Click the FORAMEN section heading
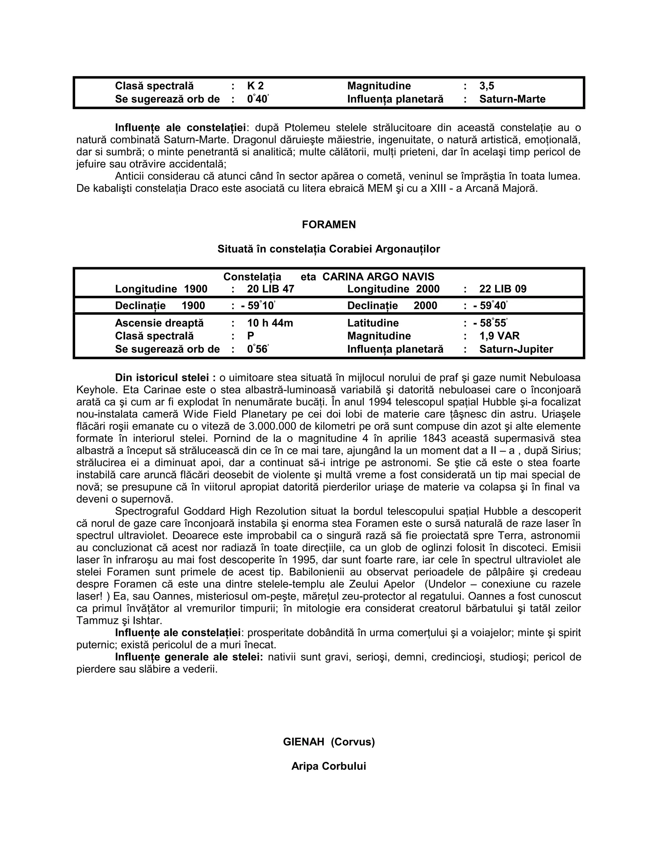[x=329, y=224]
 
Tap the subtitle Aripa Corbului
[x=329, y=766]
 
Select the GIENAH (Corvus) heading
[x=329, y=742]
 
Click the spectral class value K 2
[x=255, y=86]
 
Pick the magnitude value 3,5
[x=486, y=86]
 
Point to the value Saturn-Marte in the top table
[x=512, y=99]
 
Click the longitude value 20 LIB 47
[x=271, y=289]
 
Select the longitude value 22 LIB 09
[x=502, y=289]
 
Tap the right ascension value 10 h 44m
[x=270, y=323]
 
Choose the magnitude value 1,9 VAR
[x=499, y=336]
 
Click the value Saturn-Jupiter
[x=516, y=349]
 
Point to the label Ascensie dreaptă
[x=159, y=323]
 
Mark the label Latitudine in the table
[x=373, y=323]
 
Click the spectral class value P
[x=251, y=336]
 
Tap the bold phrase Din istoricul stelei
[x=165, y=378]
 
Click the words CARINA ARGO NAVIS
[x=378, y=276]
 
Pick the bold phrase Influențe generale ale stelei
[x=189, y=657]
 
